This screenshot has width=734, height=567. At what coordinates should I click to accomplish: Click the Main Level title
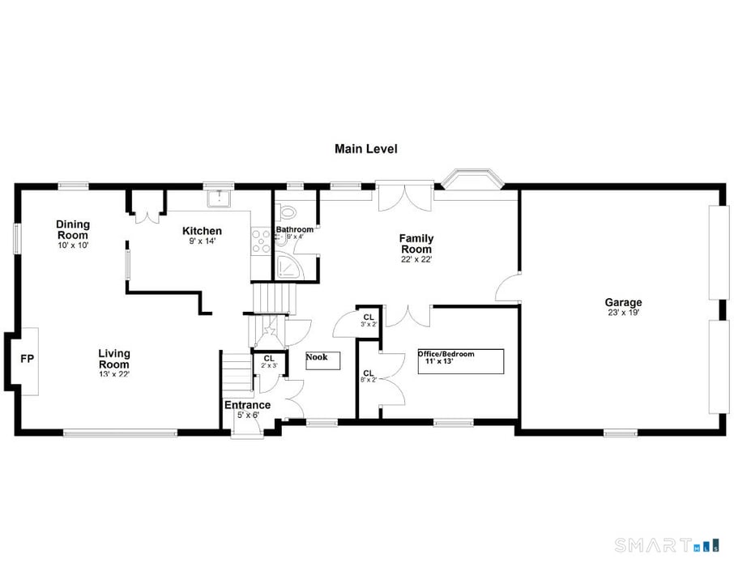tap(366, 149)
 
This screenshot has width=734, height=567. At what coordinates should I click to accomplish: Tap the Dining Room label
tap(73, 229)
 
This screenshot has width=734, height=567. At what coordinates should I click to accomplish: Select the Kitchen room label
tap(202, 232)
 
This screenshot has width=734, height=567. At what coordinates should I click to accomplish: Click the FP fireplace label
tap(27, 359)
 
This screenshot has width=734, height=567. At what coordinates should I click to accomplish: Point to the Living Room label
tap(114, 359)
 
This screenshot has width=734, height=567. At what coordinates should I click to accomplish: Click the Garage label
tap(623, 303)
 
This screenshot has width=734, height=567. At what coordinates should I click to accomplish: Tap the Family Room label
tap(416, 244)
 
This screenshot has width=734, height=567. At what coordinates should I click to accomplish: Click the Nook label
tap(317, 356)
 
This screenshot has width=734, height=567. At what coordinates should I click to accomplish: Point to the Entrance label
tap(247, 405)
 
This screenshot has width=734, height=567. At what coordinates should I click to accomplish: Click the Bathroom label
tap(294, 229)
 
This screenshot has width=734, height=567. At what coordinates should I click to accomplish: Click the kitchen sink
tap(219, 197)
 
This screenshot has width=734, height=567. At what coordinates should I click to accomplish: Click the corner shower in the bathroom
tap(288, 266)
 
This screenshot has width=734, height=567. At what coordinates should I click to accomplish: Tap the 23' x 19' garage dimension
tap(623, 313)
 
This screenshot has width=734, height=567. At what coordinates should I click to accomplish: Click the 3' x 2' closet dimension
tap(369, 324)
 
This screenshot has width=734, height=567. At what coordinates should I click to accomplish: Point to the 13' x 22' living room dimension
tap(114, 374)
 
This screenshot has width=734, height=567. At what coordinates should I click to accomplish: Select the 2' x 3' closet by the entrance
tap(269, 361)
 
